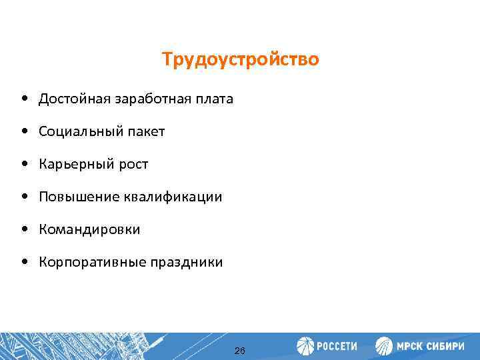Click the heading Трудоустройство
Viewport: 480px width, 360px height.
pos(240,60)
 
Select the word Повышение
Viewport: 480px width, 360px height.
pos(77,197)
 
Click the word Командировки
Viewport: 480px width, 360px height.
pos(89,230)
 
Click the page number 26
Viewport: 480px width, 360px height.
pos(240,351)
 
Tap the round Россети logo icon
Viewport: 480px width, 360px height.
pos(305,346)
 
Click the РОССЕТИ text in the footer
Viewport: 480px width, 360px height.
pos(337,347)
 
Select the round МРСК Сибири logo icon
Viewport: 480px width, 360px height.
pos(385,346)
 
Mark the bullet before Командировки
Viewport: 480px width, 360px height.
pos(24,230)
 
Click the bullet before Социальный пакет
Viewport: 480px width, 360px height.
pos(24,132)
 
